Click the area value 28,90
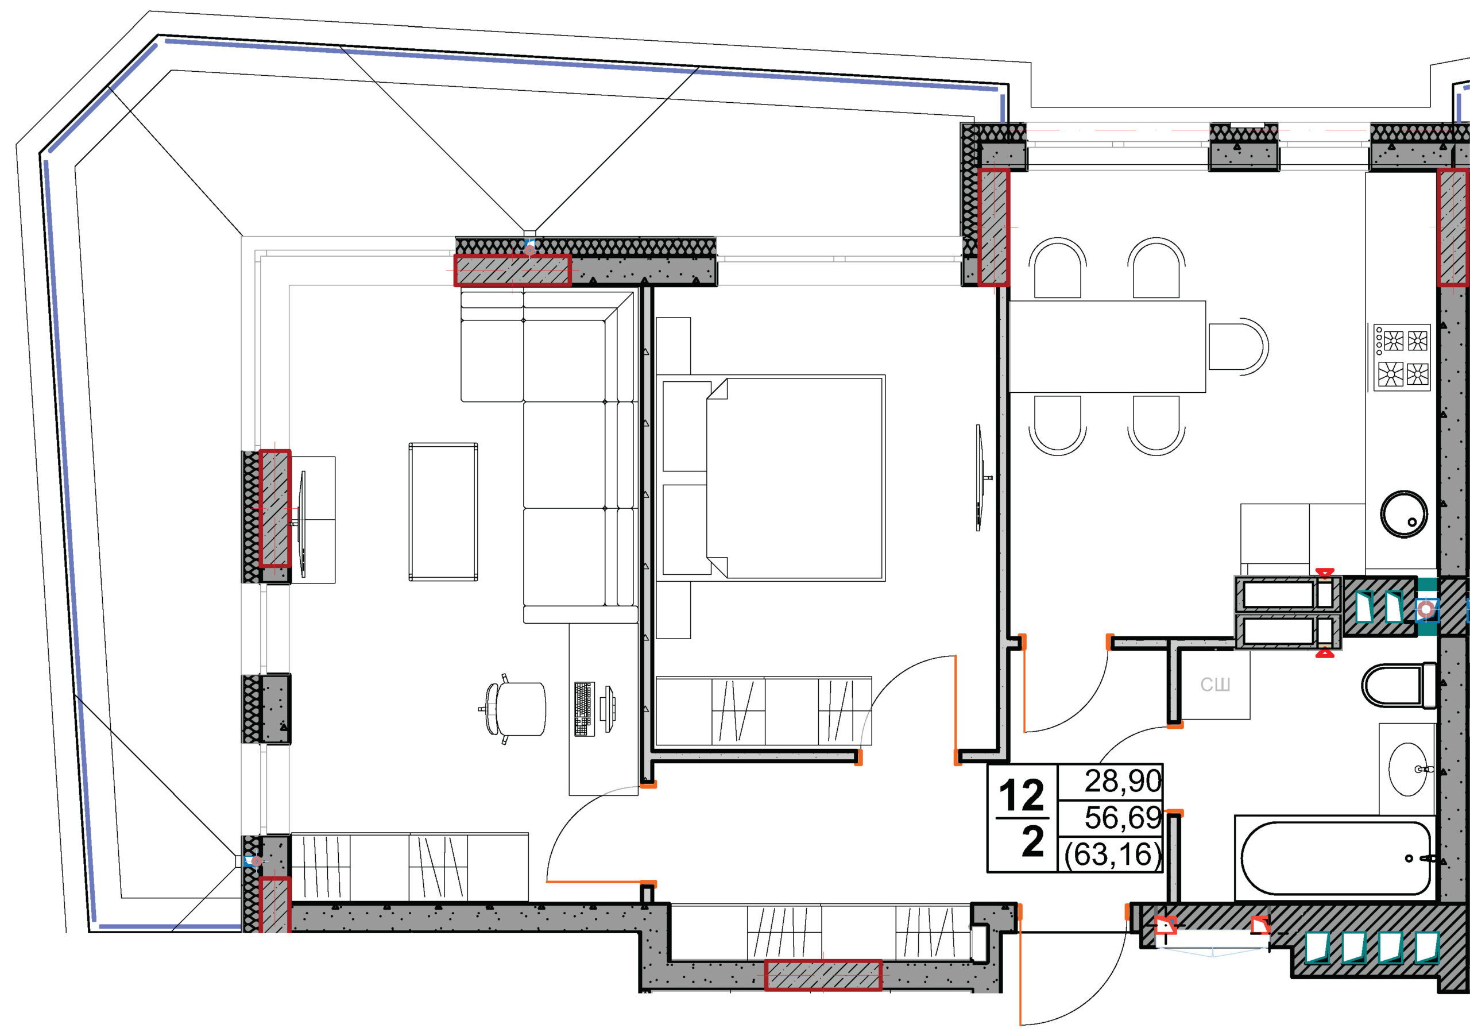click(1123, 781)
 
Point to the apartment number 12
click(1022, 796)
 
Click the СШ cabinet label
click(1215, 685)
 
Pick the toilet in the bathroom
click(1399, 685)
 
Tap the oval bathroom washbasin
click(1409, 769)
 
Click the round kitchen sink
click(1404, 514)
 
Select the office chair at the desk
click(514, 709)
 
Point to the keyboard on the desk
click(584, 709)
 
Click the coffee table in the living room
click(443, 512)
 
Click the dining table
click(1108, 346)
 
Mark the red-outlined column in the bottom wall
click(823, 975)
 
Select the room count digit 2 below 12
click(1032, 841)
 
